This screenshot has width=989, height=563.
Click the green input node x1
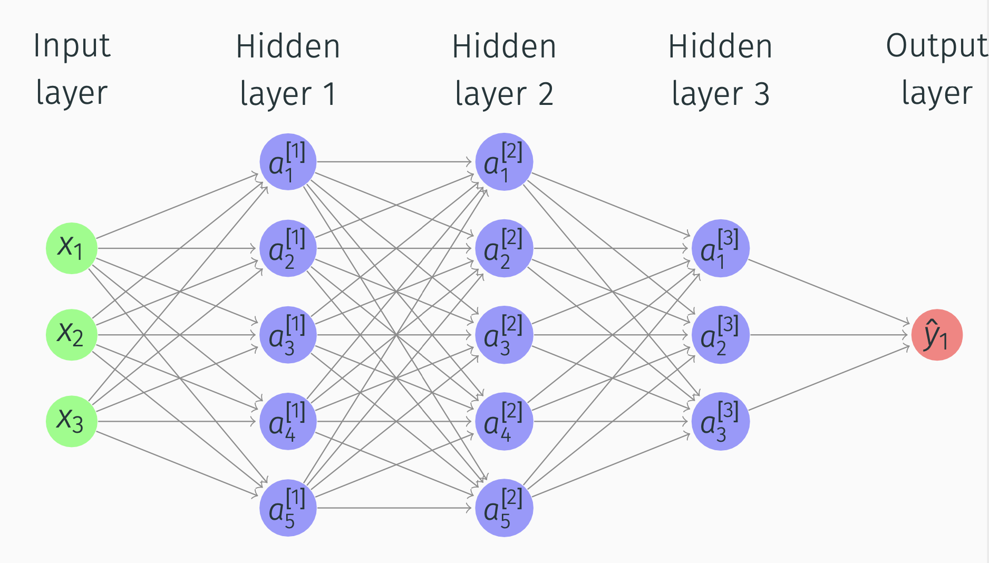coord(71,248)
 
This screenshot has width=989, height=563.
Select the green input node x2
coord(71,335)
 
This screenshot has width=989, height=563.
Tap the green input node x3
coord(71,421)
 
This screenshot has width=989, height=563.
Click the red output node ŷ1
coord(937,335)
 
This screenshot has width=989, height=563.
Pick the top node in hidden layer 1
coord(288,161)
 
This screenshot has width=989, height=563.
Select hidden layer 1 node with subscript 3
coord(288,335)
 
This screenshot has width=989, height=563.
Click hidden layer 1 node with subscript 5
coord(288,508)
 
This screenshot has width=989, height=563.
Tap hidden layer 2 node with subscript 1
coord(504,161)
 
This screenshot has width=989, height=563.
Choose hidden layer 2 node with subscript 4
coord(504,421)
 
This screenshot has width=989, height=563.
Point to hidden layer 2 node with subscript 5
coord(504,508)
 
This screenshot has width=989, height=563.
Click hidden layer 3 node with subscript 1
coord(720,248)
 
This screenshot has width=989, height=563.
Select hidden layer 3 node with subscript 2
coord(720,335)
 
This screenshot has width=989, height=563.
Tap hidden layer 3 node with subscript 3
coord(720,421)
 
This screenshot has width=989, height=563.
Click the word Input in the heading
coord(72,46)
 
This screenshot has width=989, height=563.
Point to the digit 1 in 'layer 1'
coord(330,94)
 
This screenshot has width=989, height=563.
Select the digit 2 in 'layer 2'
coord(546,94)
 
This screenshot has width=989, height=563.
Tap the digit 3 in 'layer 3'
coord(762,94)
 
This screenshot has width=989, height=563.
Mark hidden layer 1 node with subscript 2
coord(288,248)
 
